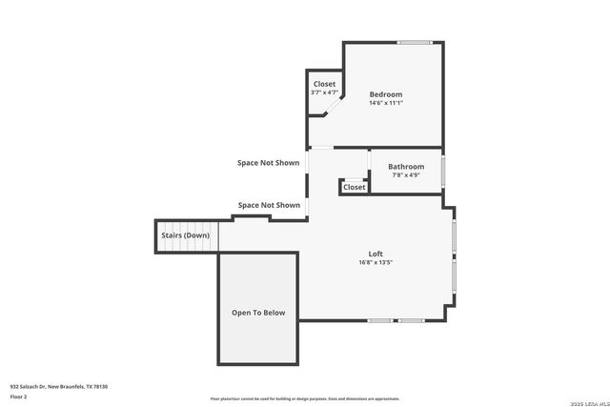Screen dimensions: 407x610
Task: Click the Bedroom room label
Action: pos(386,94)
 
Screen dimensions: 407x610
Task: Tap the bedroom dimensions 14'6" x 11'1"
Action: pos(386,103)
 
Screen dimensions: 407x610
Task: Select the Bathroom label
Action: pos(405,167)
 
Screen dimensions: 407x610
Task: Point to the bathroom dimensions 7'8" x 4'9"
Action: pos(405,175)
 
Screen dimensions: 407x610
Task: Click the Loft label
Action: pos(376,254)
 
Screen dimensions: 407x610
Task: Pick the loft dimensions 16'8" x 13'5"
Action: pos(376,262)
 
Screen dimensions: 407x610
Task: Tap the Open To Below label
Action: pos(258,313)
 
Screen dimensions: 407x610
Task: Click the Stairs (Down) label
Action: pos(185,235)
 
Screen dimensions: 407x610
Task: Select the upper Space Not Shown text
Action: pos(268,163)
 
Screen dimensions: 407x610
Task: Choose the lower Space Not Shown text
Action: pos(269,205)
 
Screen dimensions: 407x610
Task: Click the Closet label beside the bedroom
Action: pos(324,84)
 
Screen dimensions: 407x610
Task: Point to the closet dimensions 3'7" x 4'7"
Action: pos(324,92)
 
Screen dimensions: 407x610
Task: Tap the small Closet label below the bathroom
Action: pos(355,187)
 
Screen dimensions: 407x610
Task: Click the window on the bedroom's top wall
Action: pos(414,41)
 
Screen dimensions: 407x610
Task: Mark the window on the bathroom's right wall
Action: pos(443,171)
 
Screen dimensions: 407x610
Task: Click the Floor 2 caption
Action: pos(19,396)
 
